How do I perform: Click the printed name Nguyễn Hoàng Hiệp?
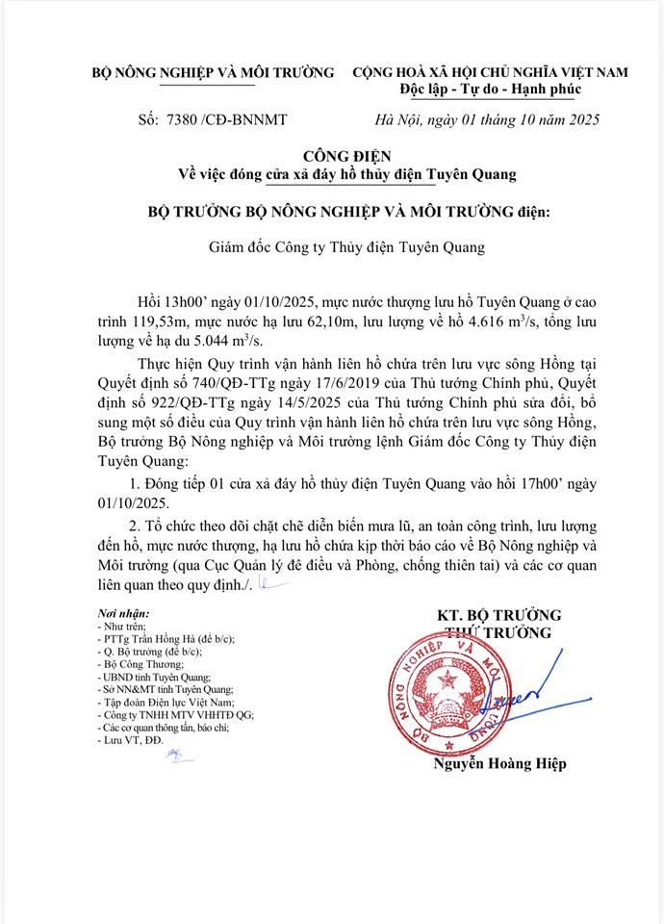point(500,763)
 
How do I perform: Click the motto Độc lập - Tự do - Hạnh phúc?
point(490,90)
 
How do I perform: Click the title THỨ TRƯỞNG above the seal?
point(498,632)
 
